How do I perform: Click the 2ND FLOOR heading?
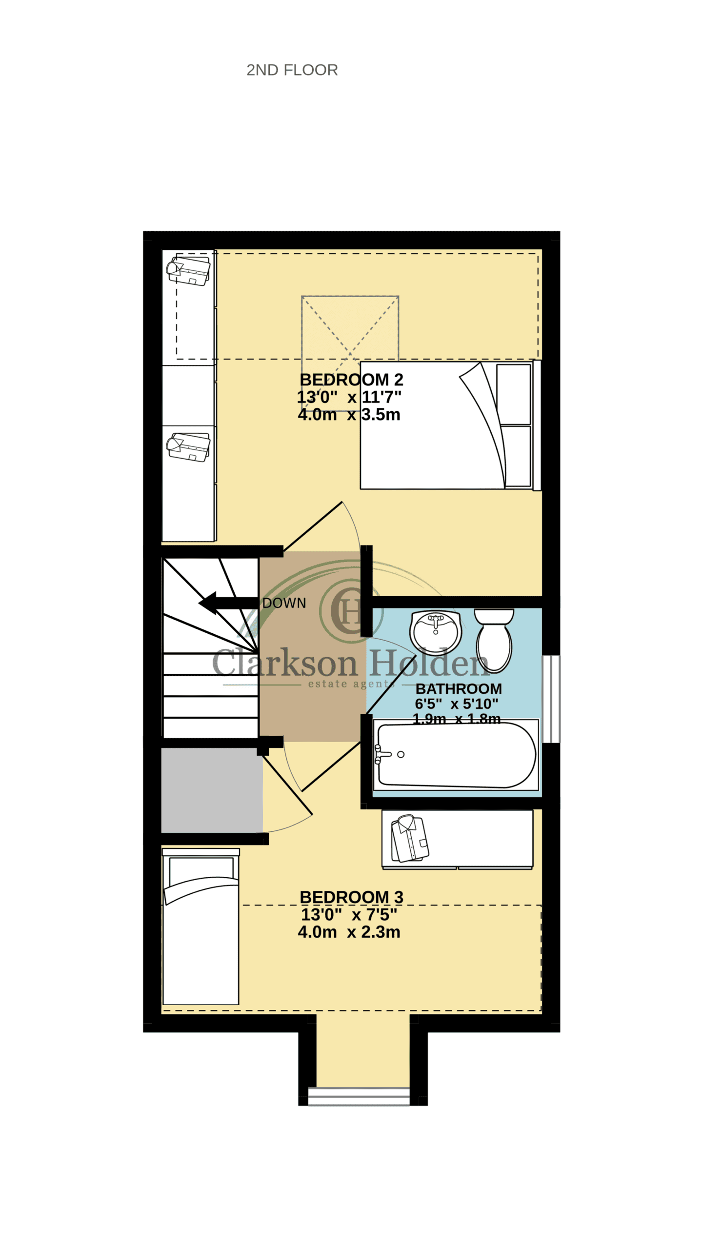click(x=292, y=70)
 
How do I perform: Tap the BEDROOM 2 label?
click(x=351, y=380)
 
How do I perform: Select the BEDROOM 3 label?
click(x=351, y=897)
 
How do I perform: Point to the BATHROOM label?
click(x=459, y=688)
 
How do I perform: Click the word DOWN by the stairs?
click(x=284, y=603)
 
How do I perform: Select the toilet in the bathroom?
click(x=494, y=640)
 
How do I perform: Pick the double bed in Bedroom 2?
click(x=450, y=425)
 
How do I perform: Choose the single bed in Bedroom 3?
click(x=201, y=927)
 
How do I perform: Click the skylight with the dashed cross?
click(x=350, y=328)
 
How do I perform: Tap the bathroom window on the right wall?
click(x=551, y=699)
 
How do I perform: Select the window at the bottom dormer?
click(x=359, y=1096)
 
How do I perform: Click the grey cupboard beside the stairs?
click(x=212, y=790)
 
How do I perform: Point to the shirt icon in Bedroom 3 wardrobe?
click(x=410, y=839)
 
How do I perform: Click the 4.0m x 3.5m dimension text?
click(x=349, y=414)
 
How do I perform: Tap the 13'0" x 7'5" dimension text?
click(x=349, y=914)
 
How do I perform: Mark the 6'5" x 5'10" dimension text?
click(x=457, y=704)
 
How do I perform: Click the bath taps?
click(x=383, y=754)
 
